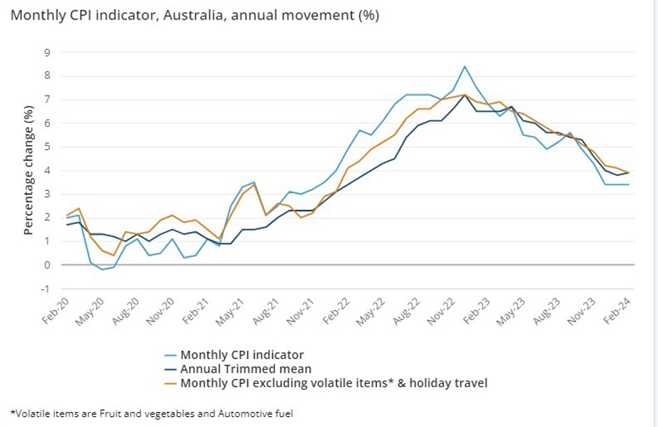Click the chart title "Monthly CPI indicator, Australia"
pyautogui.click(x=194, y=16)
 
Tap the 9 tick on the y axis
pyautogui.click(x=47, y=52)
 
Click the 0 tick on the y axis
pyautogui.click(x=47, y=265)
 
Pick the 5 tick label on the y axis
pyautogui.click(x=47, y=146)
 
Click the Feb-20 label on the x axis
pyautogui.click(x=53, y=311)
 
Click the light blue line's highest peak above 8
pyautogui.click(x=464, y=66)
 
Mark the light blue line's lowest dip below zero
pyautogui.click(x=102, y=270)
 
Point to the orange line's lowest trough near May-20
pyautogui.click(x=113, y=256)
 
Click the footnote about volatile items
pyautogui.click(x=152, y=414)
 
